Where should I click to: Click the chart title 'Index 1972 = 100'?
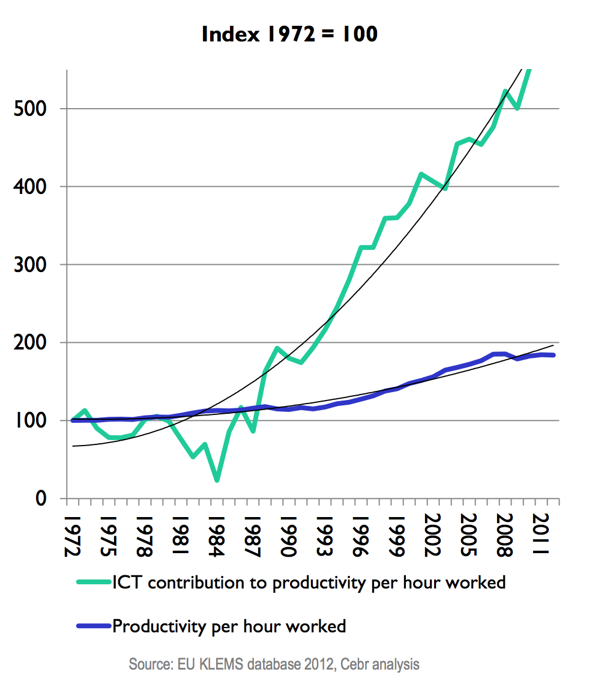[x=290, y=34]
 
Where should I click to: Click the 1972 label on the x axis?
[x=72, y=531]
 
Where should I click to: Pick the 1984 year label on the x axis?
[x=217, y=531]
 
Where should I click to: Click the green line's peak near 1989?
[x=277, y=348]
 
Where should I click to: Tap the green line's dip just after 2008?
[x=518, y=109]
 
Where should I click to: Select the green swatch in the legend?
[x=94, y=582]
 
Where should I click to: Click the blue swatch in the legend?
[x=94, y=626]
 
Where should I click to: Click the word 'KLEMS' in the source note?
[x=227, y=665]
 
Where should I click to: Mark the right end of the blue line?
[x=554, y=356]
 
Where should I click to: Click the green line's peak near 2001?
[x=421, y=174]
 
